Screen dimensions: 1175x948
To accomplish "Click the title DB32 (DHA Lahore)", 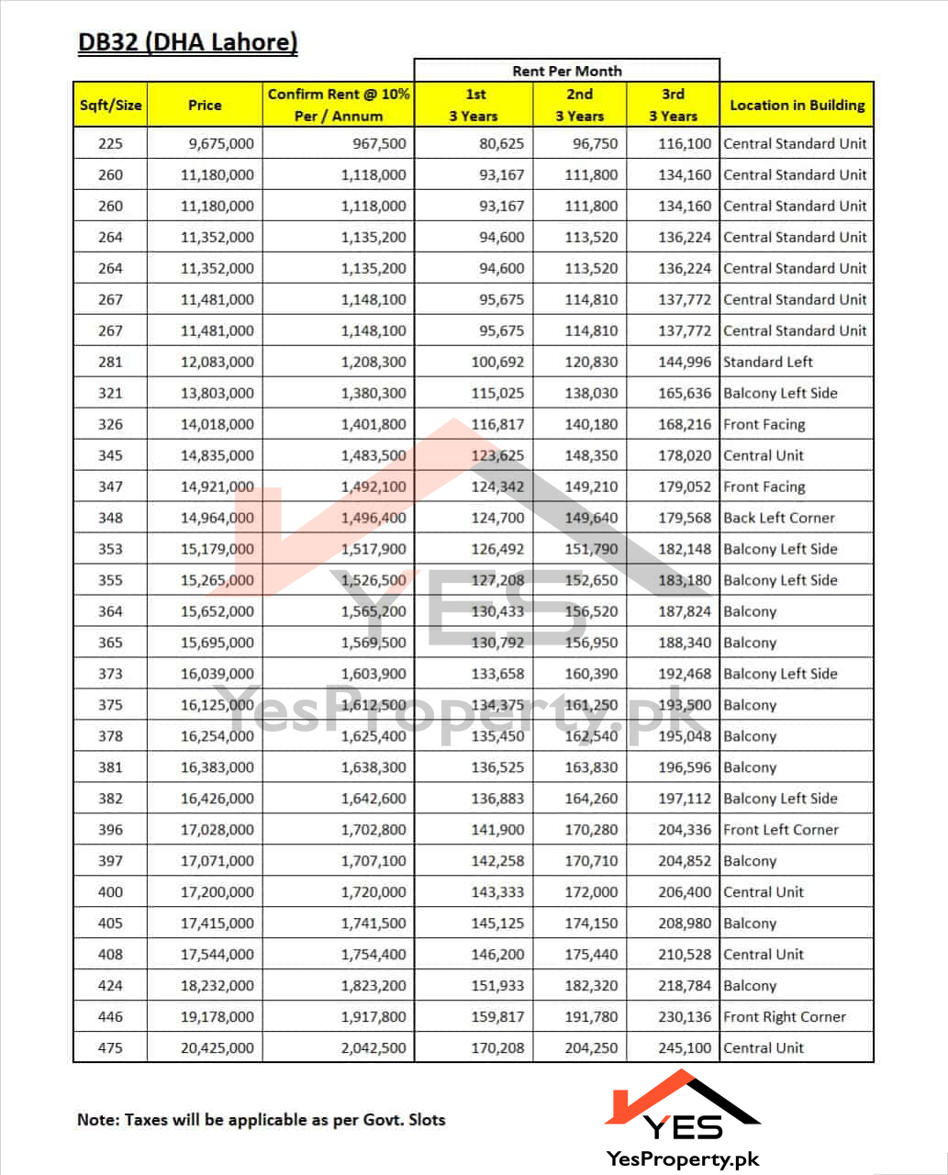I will pyautogui.click(x=187, y=43).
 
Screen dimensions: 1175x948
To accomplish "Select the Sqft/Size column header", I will pyautogui.click(x=110, y=105).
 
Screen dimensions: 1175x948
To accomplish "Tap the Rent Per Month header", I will pyautogui.click(x=566, y=71).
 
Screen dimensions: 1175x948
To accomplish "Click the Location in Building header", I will pyautogui.click(x=797, y=105).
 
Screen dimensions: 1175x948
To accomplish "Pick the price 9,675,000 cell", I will pyautogui.click(x=217, y=144).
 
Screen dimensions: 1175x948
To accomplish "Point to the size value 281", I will pyautogui.click(x=110, y=363).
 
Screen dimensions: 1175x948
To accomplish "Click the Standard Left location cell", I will pyautogui.click(x=768, y=363).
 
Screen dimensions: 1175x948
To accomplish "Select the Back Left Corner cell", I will pyautogui.click(x=779, y=519).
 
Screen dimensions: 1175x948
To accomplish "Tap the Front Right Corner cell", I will pyautogui.click(x=785, y=1018).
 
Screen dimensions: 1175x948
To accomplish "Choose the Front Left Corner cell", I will pyautogui.click(x=781, y=831).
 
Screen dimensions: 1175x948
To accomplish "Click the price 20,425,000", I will pyautogui.click(x=217, y=1049).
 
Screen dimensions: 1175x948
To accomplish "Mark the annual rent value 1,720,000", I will pyautogui.click(x=374, y=893).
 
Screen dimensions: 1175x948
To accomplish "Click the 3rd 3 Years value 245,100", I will pyautogui.click(x=685, y=1049).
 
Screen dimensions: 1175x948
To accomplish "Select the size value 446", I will pyautogui.click(x=110, y=1018).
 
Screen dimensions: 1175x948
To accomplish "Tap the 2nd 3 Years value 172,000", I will pyautogui.click(x=591, y=893).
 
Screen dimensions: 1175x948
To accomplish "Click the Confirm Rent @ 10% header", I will pyautogui.click(x=339, y=105).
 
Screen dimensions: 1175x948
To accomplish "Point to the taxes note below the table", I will pyautogui.click(x=262, y=1120).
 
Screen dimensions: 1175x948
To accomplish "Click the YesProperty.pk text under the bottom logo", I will pyautogui.click(x=683, y=1160).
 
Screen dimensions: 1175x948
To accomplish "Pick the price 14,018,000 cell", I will pyautogui.click(x=217, y=425).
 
